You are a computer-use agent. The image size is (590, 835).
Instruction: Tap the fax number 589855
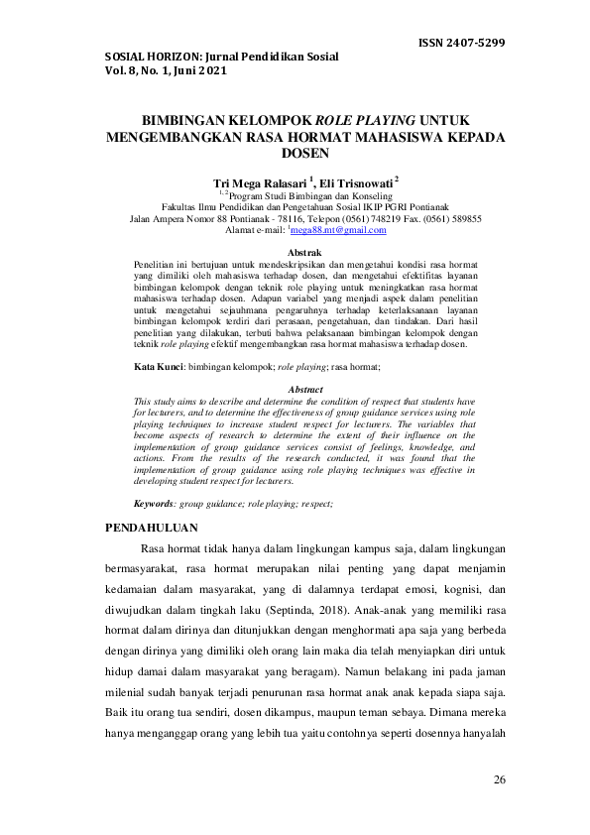tap(460, 218)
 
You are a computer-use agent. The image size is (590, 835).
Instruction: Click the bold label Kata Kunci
tap(158, 367)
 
